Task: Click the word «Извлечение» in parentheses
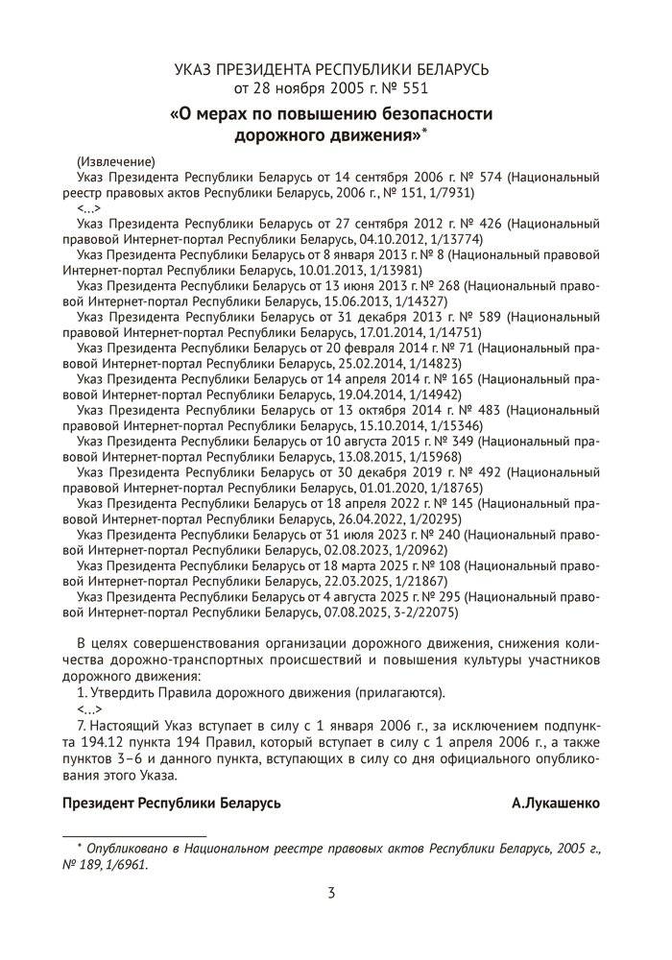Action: coord(114,160)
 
